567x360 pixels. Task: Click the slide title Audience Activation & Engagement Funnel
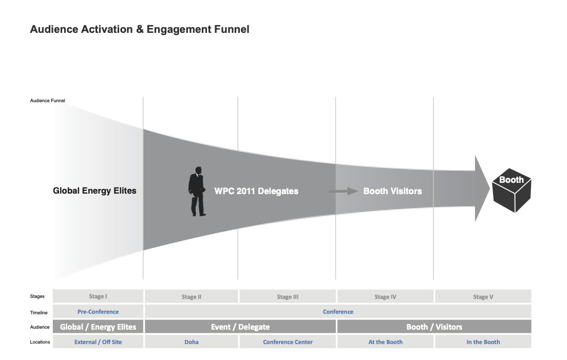tap(140, 29)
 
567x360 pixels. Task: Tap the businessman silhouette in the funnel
tap(197, 191)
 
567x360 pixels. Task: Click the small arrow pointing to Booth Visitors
tap(343, 192)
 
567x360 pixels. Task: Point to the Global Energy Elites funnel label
tap(94, 191)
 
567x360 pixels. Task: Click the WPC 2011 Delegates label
tap(256, 191)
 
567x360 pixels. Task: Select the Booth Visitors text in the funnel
tap(392, 191)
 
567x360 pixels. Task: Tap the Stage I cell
tap(98, 296)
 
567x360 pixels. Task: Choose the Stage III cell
tap(288, 297)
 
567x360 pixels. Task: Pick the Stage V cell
tap(483, 297)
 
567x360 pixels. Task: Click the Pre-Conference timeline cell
tap(98, 312)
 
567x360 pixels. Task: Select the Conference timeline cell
tap(338, 312)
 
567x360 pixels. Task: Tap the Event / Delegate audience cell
tap(240, 327)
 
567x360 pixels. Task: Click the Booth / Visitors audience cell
tap(434, 327)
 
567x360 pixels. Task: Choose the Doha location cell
tap(191, 342)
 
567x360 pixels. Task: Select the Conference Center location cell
tap(288, 342)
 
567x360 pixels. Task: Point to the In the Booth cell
tap(483, 342)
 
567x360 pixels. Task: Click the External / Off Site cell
tap(98, 342)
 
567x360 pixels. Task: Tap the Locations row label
tap(40, 342)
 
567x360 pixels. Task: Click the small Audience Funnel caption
tap(48, 100)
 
